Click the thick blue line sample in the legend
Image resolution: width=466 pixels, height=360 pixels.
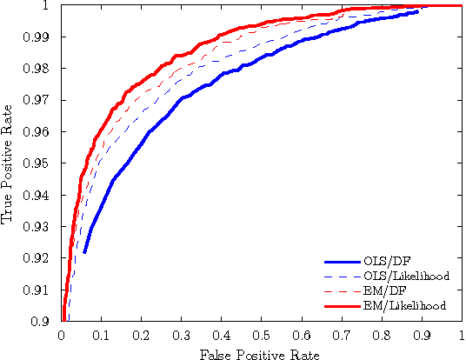(x=343, y=261)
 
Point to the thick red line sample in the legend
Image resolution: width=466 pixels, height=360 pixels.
(x=343, y=305)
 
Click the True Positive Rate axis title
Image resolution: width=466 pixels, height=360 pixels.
(x=10, y=163)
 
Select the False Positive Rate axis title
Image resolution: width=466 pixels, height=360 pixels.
(x=261, y=354)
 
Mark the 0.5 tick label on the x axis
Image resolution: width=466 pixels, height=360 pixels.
(x=261, y=333)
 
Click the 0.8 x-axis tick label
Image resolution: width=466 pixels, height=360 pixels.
(x=381, y=333)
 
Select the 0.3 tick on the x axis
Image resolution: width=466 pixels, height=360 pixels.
(x=181, y=333)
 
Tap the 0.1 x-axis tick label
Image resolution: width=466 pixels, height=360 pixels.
(x=101, y=333)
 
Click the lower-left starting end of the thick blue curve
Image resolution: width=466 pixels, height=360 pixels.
(x=85, y=251)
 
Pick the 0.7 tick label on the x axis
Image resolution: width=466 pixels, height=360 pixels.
(x=341, y=333)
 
